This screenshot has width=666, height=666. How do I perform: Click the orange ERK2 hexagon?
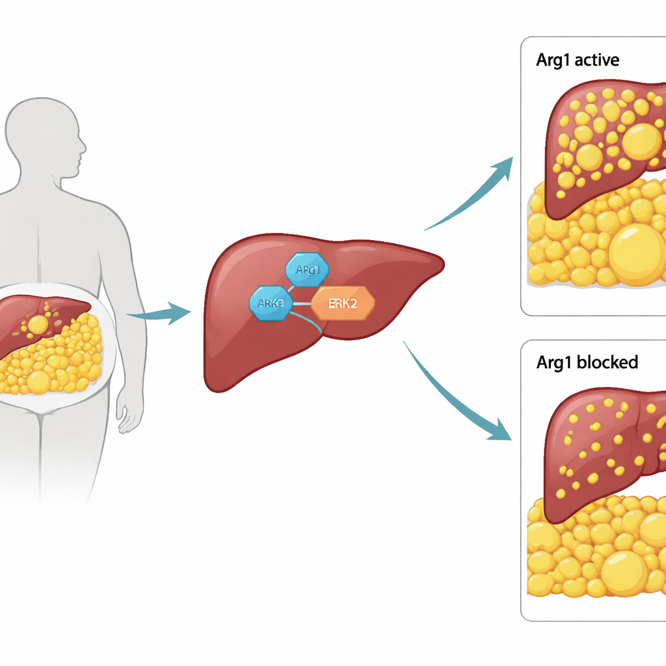(343, 303)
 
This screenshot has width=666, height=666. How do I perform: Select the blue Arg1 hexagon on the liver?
(307, 269)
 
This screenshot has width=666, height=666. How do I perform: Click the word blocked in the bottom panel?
(607, 362)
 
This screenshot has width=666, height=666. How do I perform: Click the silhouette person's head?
(46, 137)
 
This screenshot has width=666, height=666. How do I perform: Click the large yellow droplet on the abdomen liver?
(38, 324)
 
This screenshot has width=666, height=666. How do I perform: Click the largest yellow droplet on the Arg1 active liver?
(641, 141)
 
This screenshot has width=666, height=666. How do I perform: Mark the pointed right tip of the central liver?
(442, 263)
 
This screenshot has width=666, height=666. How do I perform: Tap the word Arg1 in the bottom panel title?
(555, 362)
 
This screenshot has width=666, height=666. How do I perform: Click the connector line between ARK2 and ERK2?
(301, 303)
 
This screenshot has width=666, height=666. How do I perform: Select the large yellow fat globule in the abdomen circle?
(39, 381)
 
